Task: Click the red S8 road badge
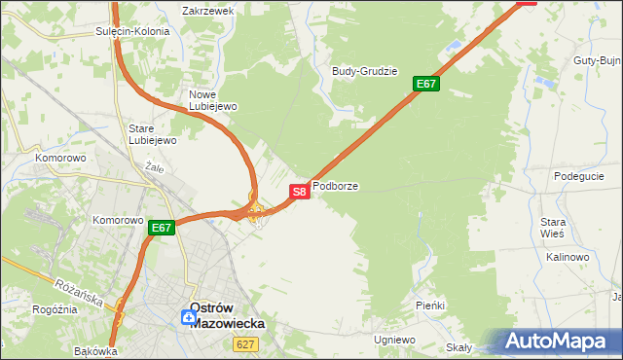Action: tap(300, 191)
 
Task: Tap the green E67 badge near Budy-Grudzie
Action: tap(426, 84)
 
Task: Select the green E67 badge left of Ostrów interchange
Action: tap(162, 229)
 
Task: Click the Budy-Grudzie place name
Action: tap(365, 71)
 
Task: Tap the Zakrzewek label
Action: tap(208, 11)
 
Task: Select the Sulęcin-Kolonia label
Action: tap(132, 31)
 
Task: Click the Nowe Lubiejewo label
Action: tap(207, 100)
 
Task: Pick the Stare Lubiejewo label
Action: tap(152, 134)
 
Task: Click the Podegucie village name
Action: tap(579, 176)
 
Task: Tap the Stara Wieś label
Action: tap(553, 229)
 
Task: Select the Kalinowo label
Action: tap(568, 257)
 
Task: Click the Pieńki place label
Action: tap(429, 306)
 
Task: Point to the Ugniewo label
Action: tap(394, 340)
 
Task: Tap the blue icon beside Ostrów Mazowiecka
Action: tap(187, 316)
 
